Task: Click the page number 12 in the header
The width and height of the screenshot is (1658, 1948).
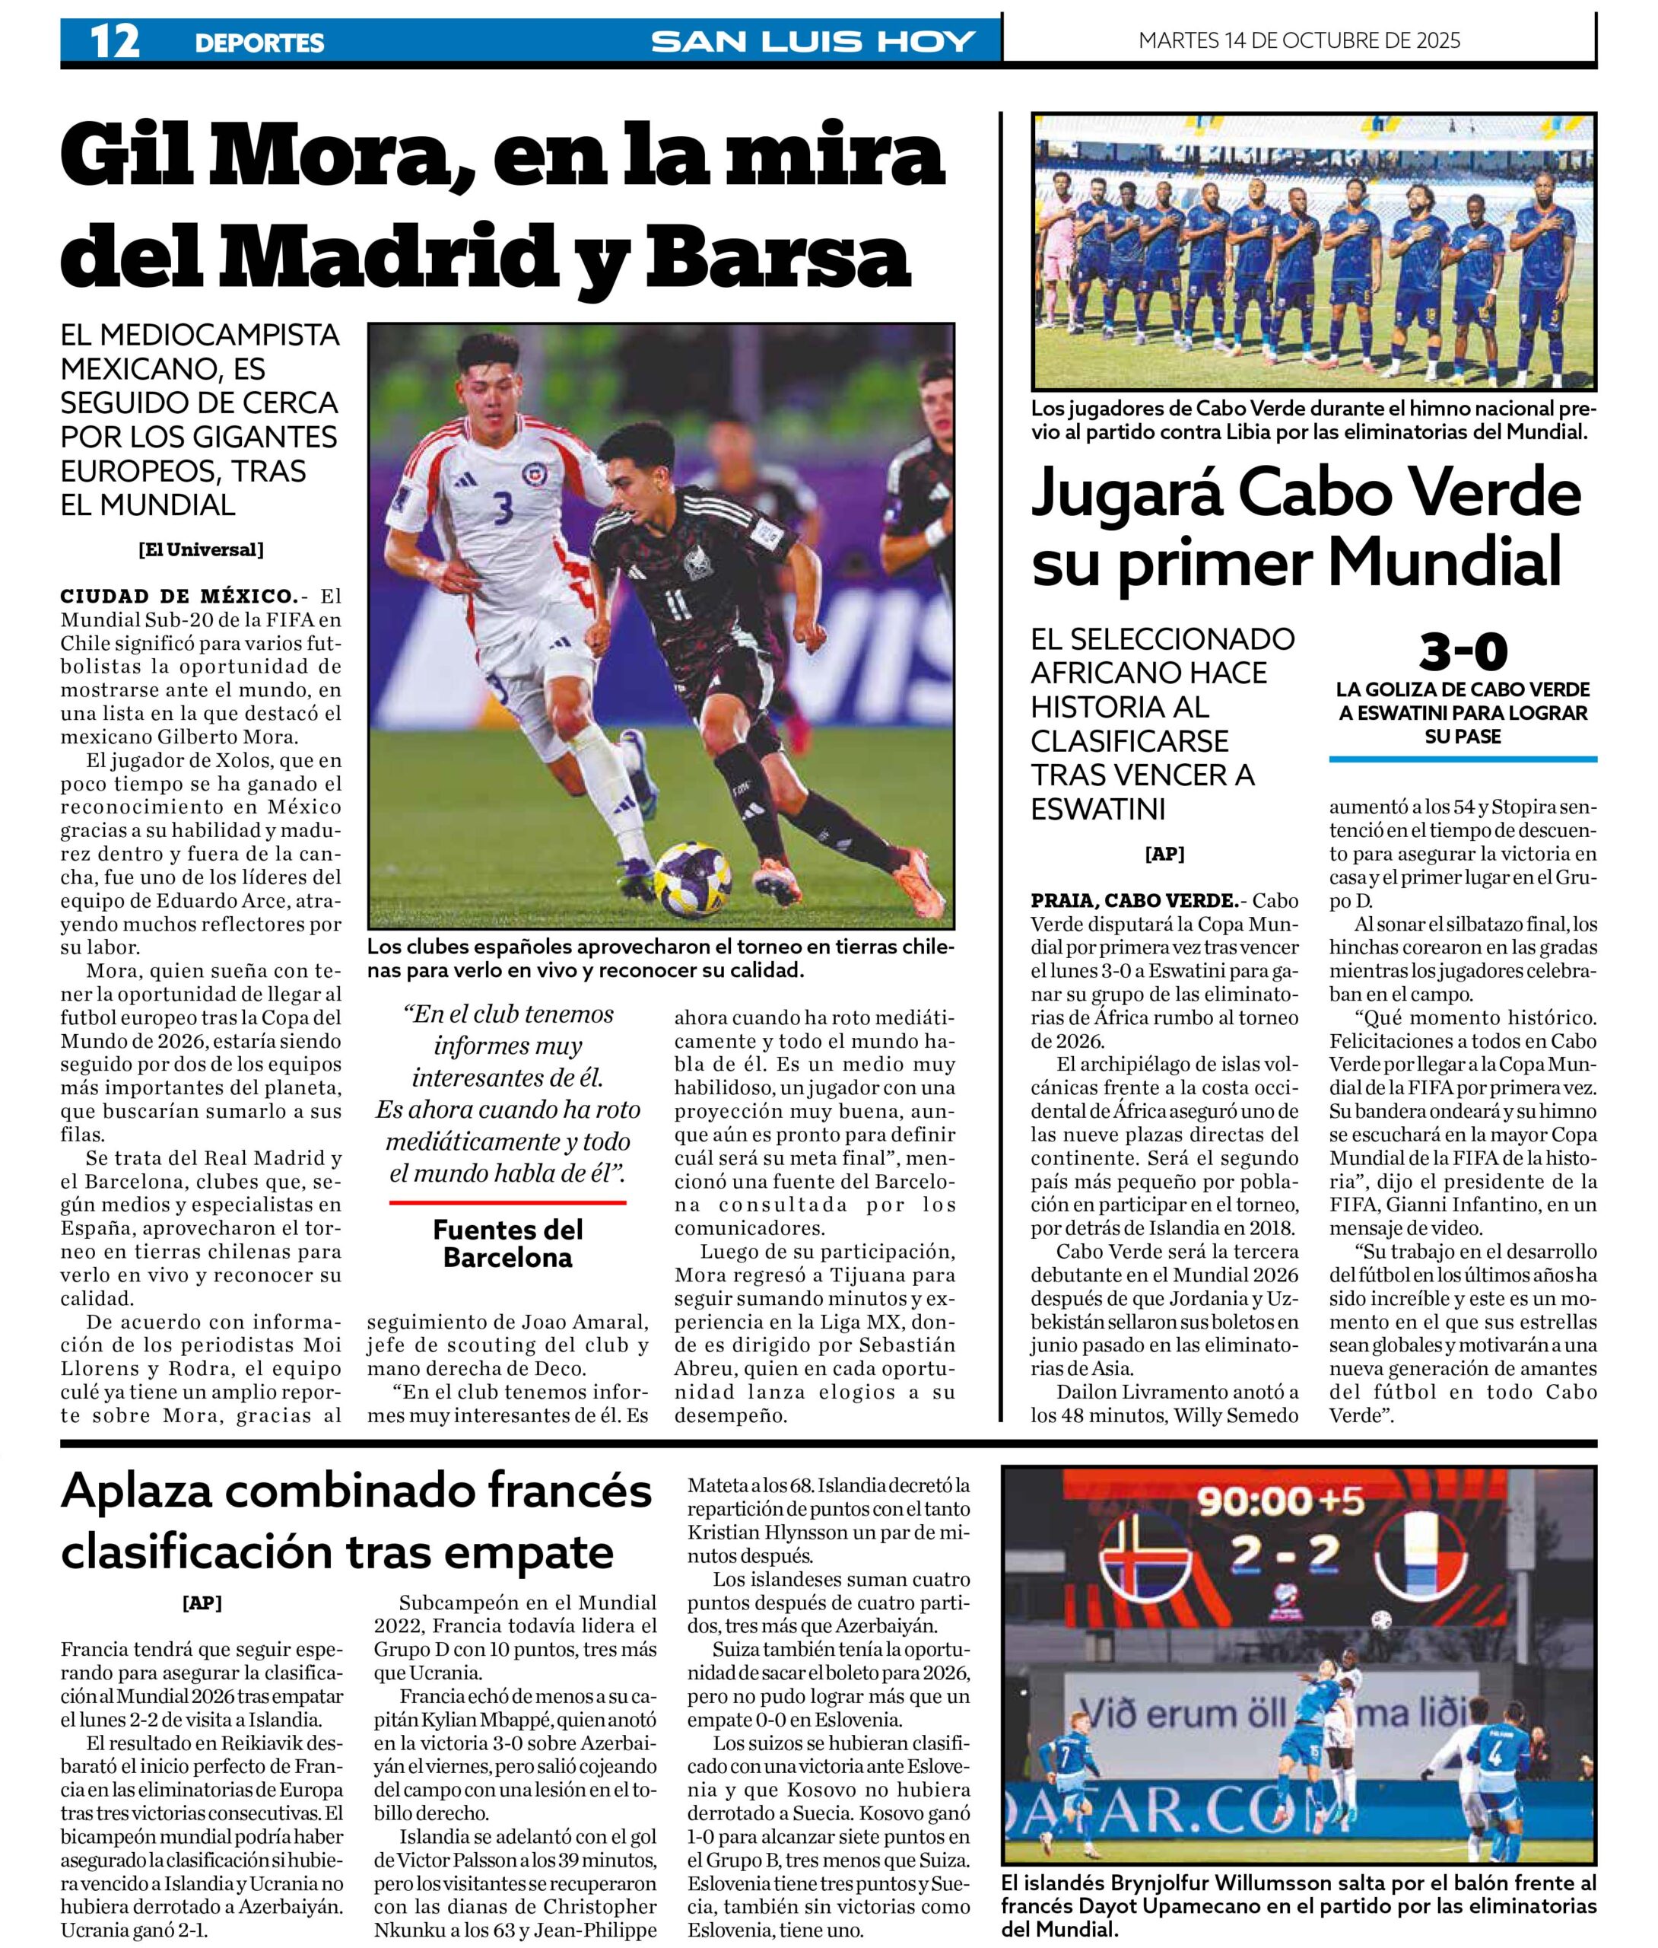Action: click(x=114, y=40)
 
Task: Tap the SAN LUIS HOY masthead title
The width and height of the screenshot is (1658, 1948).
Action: click(x=813, y=41)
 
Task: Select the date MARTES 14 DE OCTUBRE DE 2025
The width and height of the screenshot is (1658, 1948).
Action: click(x=1299, y=40)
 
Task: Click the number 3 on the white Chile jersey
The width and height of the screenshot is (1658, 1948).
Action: click(x=503, y=508)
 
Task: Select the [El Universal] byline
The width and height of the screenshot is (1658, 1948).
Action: click(x=200, y=550)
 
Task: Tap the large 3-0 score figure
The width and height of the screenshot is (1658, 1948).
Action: click(x=1463, y=651)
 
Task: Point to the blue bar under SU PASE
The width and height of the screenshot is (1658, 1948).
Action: click(x=1463, y=759)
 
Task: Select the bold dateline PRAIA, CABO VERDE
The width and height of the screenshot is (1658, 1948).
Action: click(x=1135, y=901)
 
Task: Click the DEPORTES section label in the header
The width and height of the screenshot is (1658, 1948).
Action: click(x=259, y=43)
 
